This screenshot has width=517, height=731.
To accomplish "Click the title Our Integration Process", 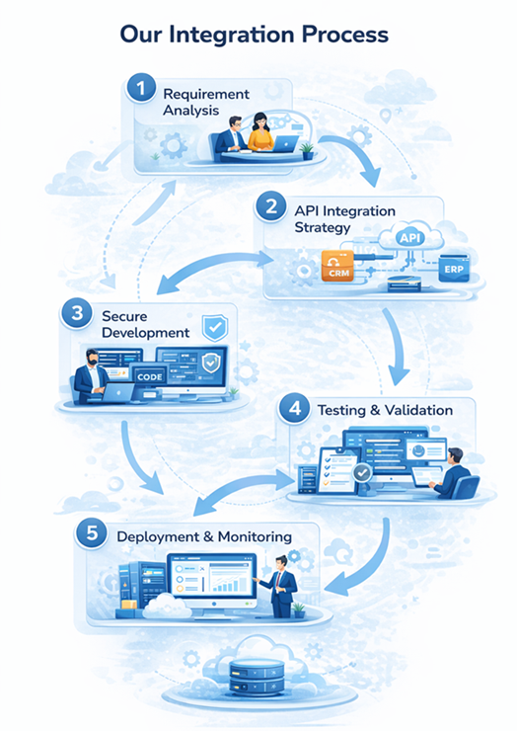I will [254, 35].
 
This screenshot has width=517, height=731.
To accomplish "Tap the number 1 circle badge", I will [142, 91].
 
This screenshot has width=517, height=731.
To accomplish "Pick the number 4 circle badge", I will [293, 409].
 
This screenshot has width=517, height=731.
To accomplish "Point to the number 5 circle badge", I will [91, 535].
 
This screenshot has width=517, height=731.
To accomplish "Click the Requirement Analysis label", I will [206, 102].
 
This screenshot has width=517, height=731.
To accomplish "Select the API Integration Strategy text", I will [344, 219].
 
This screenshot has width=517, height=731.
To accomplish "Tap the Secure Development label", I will [145, 325].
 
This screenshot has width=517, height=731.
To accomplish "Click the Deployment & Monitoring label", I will [204, 536].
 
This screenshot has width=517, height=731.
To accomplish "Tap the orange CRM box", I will [336, 267].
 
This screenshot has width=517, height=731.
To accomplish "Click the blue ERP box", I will [454, 270].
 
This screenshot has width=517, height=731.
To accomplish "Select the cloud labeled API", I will [407, 238].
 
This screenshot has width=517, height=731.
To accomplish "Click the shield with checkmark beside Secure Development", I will [215, 328].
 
